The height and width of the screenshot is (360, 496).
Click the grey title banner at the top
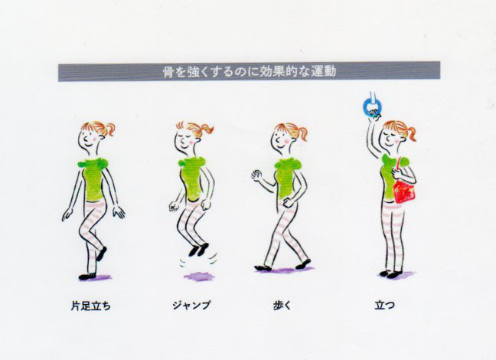click(249, 71)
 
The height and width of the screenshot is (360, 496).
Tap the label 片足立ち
click(91, 306)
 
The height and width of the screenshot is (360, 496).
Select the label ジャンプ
click(191, 306)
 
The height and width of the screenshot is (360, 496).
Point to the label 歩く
click(282, 306)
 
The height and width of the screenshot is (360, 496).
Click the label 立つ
click(385, 306)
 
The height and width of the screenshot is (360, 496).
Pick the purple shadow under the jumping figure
click(199, 277)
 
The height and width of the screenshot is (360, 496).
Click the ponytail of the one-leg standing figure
click(109, 129)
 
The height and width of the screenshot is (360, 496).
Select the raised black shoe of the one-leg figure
click(102, 254)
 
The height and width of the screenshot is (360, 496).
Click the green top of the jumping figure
click(191, 178)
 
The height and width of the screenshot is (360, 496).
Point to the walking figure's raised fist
click(256, 175)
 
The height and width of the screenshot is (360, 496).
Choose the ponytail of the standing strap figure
click(411, 133)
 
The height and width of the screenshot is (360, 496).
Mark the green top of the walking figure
click(286, 178)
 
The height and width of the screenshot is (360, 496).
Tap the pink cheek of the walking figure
click(287, 141)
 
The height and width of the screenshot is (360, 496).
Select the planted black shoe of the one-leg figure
click(87, 277)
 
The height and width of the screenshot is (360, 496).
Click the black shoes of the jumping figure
click(199, 250)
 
